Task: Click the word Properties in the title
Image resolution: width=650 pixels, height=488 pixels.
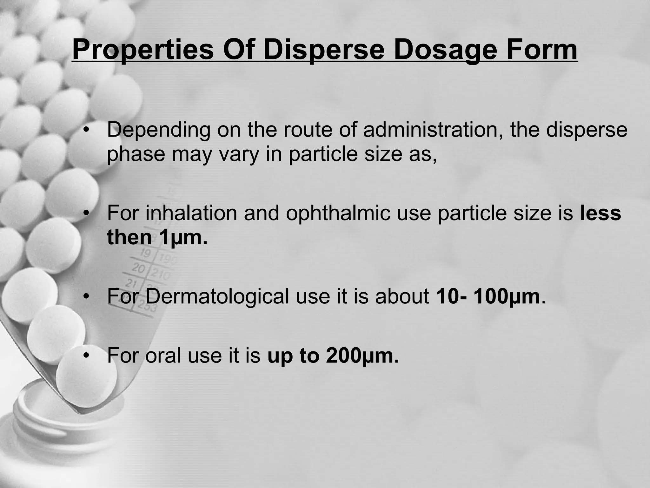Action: [143, 50]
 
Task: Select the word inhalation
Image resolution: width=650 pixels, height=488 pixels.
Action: [191, 213]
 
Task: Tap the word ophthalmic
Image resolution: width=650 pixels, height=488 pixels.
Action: [338, 213]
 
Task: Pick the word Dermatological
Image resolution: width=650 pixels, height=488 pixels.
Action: [217, 296]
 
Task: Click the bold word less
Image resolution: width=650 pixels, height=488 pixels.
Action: [600, 213]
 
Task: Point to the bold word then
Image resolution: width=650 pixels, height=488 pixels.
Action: [129, 237]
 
